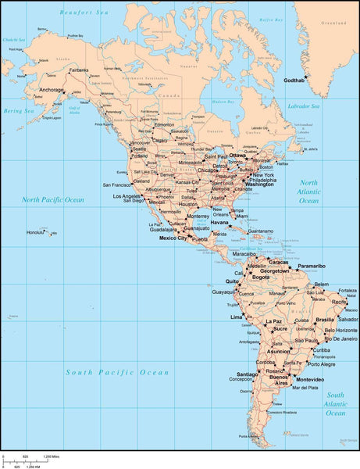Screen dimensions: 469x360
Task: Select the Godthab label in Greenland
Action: pyautogui.click(x=294, y=81)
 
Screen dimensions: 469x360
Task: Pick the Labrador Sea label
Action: pyautogui.click(x=304, y=106)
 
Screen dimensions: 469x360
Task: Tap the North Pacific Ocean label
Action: pyautogui.click(x=52, y=199)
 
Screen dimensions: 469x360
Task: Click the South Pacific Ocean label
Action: pyautogui.click(x=105, y=373)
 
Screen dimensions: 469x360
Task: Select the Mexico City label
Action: pyautogui.click(x=174, y=238)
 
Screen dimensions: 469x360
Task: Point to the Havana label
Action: pyautogui.click(x=219, y=222)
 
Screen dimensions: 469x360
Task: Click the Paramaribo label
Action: pyautogui.click(x=311, y=266)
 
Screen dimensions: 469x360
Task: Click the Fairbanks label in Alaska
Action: pyautogui.click(x=79, y=70)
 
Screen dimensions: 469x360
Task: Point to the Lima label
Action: pyautogui.click(x=236, y=317)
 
